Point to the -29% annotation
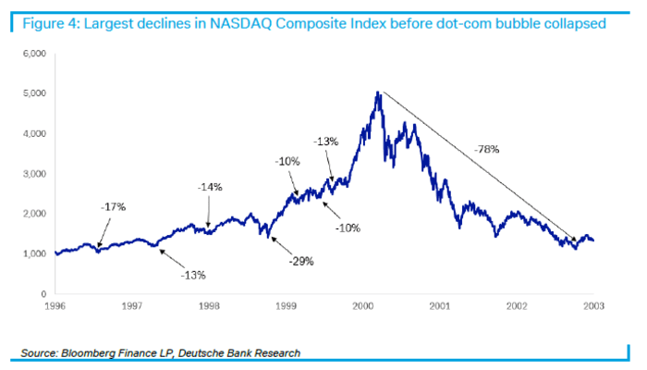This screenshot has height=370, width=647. pyautogui.click(x=300, y=261)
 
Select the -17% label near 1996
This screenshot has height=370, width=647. pyautogui.click(x=113, y=206)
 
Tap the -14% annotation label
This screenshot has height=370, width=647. pyautogui.click(x=211, y=187)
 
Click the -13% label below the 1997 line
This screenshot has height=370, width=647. pyautogui.click(x=192, y=275)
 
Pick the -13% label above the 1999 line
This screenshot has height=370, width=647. pyautogui.click(x=326, y=142)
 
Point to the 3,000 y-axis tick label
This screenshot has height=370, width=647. pyautogui.click(x=33, y=174)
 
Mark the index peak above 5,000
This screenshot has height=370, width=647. pyautogui.click(x=378, y=92)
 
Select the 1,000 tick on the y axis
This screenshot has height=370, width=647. pyautogui.click(x=33, y=253)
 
